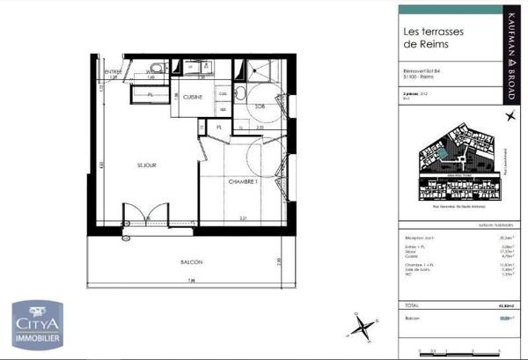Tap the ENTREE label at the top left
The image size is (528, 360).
pos(113,71)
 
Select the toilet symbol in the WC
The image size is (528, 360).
pos(155,68)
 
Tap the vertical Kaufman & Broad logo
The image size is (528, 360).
pos(512,43)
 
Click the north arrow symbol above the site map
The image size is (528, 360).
pos(509,116)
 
